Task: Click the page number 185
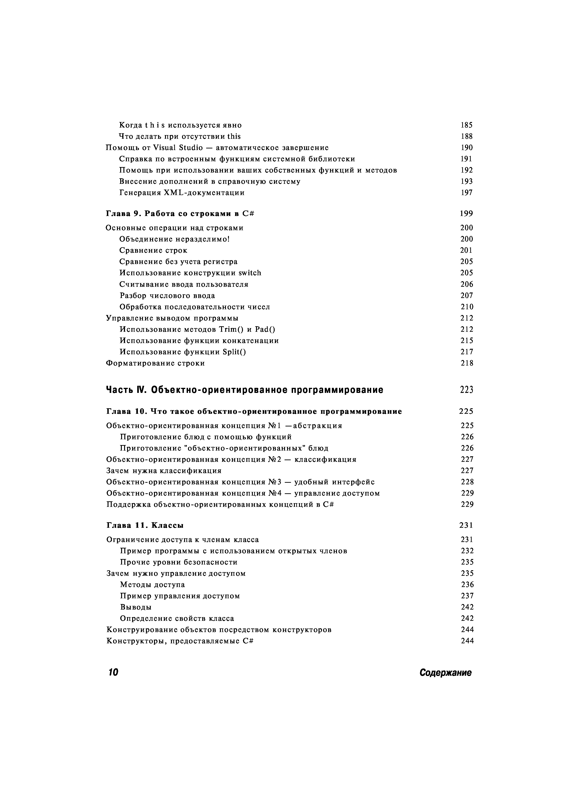(466, 125)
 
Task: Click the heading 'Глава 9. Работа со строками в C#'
(180, 213)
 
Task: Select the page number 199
(466, 213)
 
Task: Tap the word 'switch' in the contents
(250, 273)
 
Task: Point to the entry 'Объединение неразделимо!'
(174, 239)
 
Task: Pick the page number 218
(467, 363)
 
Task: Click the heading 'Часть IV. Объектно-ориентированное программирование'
(245, 390)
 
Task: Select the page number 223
(466, 390)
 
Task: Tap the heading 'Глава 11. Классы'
(145, 525)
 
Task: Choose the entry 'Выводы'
(136, 607)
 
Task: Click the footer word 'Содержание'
(445, 673)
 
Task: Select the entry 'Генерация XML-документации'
(182, 193)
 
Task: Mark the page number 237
(467, 596)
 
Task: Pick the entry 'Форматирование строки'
(155, 363)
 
